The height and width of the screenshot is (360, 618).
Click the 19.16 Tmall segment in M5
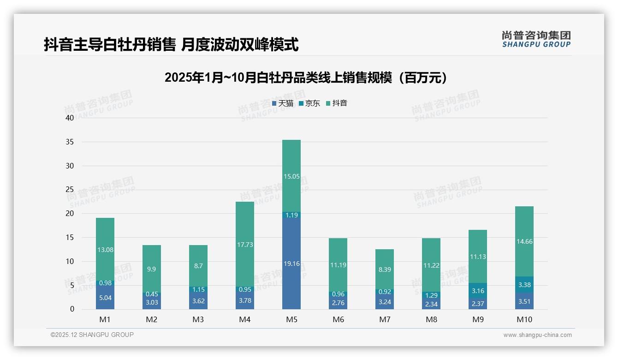pos(291,263)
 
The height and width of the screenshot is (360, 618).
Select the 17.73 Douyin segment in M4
pos(245,244)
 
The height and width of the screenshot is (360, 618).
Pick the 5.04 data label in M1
pos(105,298)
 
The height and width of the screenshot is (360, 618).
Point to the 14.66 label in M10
pos(524,241)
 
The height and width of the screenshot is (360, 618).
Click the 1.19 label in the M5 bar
pos(291,215)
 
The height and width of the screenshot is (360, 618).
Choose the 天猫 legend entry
pos(283,103)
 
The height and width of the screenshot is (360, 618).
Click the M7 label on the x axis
pos(385,319)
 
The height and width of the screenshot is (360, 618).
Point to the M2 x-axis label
pos(152,319)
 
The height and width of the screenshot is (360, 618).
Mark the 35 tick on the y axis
pos(70,142)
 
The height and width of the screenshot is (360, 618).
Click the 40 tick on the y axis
pos(70,118)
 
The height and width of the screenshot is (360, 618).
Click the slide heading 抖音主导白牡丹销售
pos(171,45)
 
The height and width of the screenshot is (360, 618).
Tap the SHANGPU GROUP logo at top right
pos(536,39)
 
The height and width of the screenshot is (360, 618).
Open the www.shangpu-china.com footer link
pos(537,335)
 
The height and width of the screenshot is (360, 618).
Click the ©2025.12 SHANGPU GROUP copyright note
pos(92,335)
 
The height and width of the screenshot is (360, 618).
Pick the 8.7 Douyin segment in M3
pos(198,266)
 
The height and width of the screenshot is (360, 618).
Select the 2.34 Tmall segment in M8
pos(431,304)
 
